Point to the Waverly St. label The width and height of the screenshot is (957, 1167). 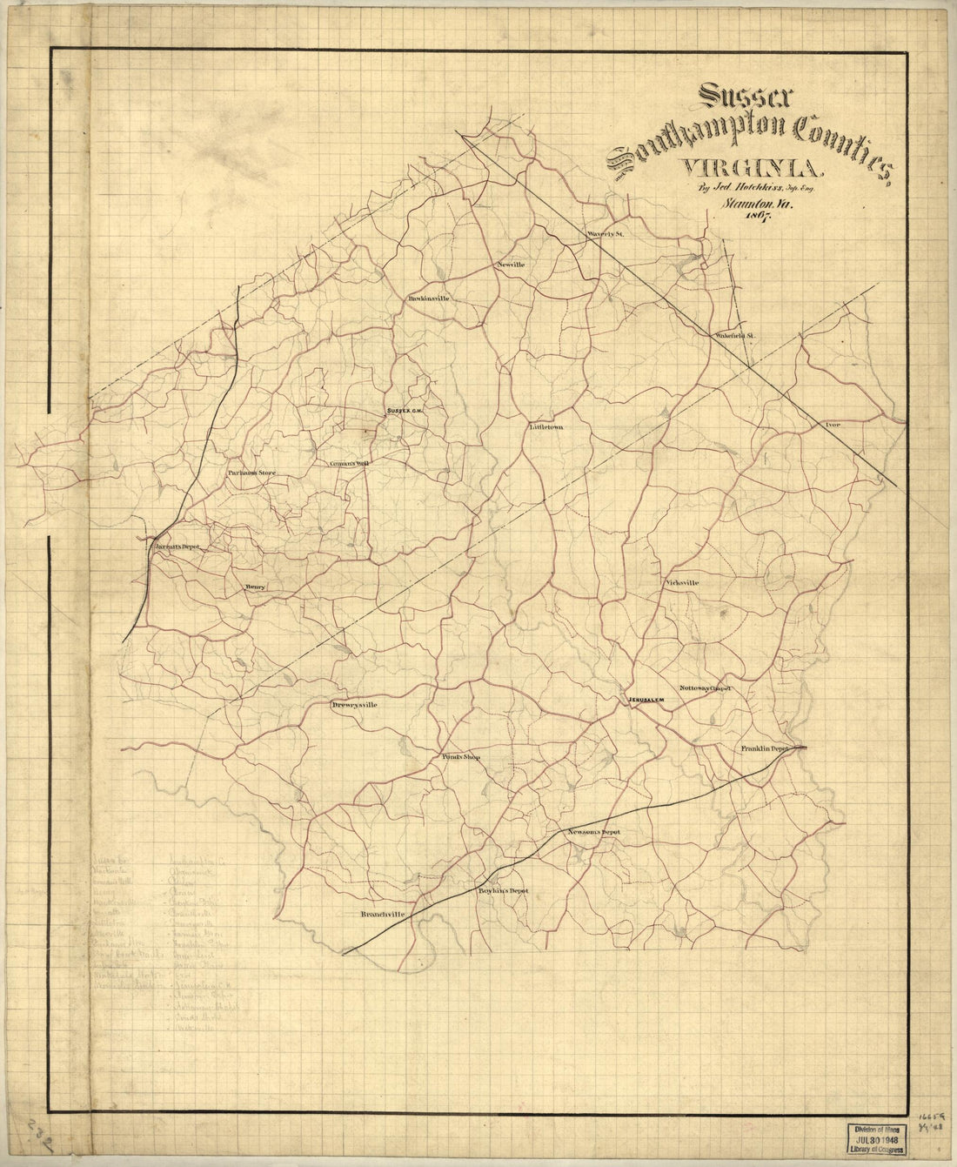click(x=606, y=235)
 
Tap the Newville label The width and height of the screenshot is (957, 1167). click(x=512, y=264)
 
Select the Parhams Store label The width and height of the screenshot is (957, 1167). click(x=251, y=473)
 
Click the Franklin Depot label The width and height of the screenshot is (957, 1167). click(x=764, y=748)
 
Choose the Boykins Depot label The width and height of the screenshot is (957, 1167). click(x=503, y=890)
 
